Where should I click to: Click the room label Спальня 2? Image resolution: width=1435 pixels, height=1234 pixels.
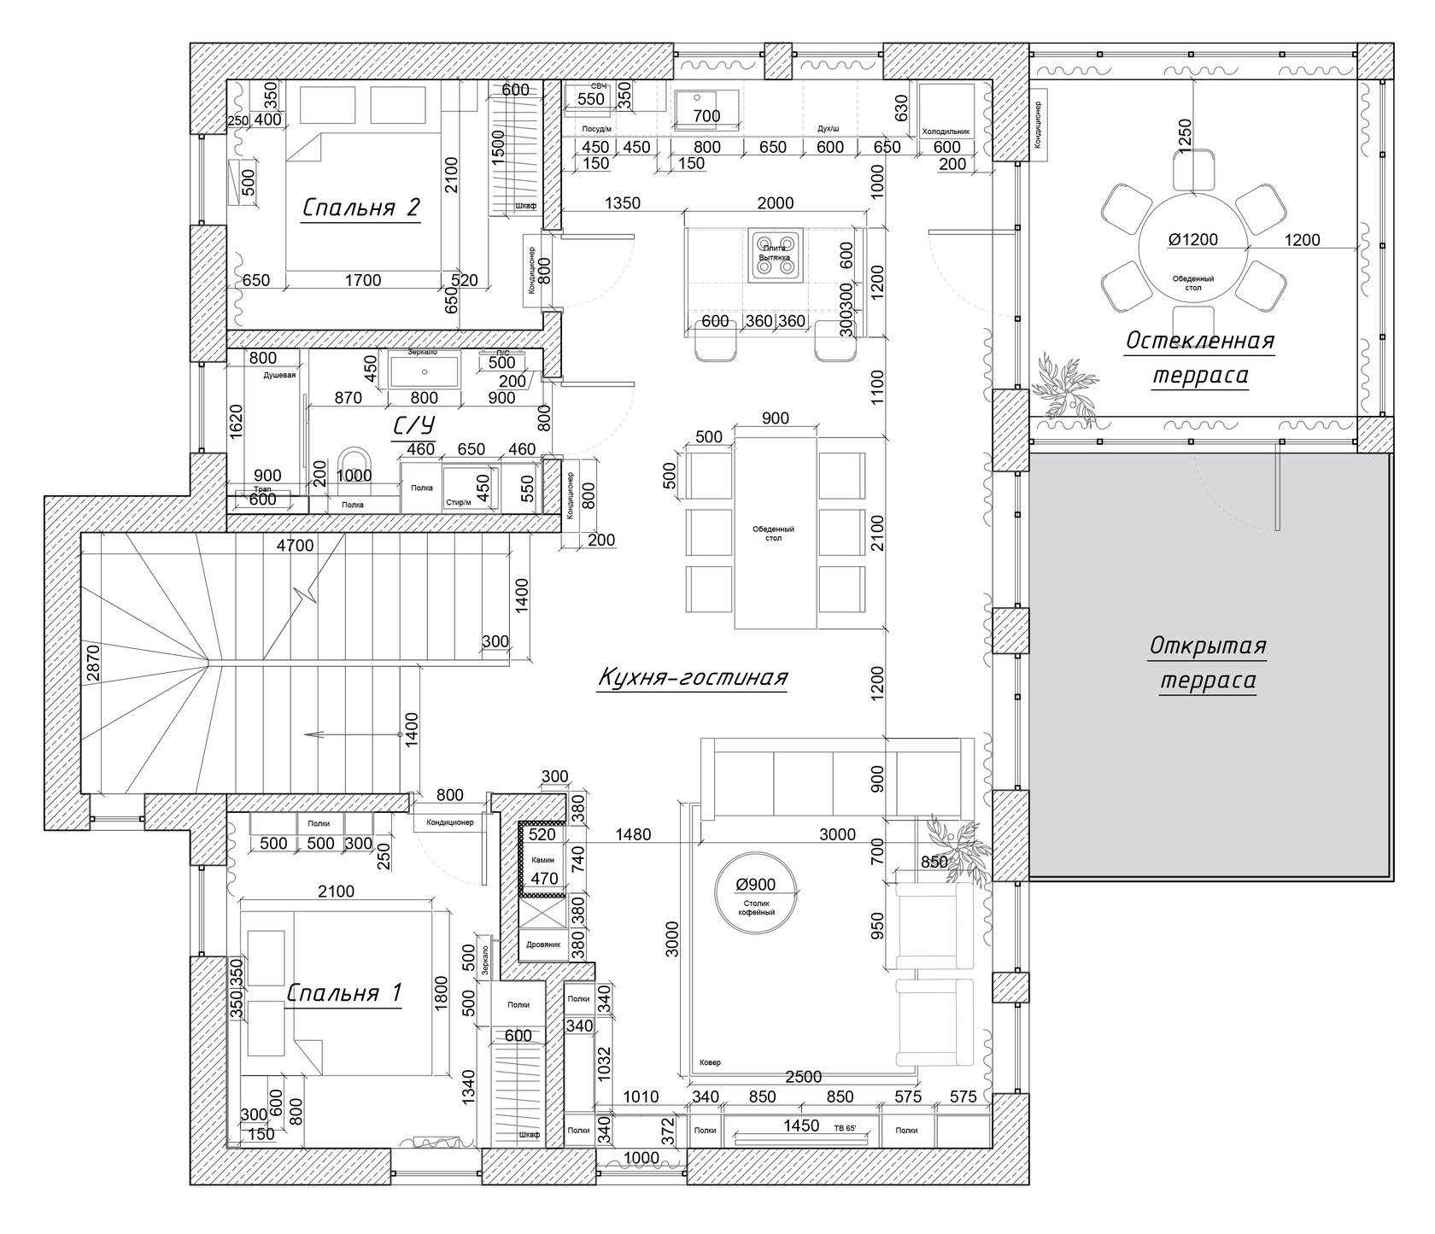361,208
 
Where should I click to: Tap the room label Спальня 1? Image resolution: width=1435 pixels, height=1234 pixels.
343,993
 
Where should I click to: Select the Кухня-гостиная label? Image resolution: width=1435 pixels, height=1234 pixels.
691,677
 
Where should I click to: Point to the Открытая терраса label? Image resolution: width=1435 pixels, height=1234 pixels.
1207,663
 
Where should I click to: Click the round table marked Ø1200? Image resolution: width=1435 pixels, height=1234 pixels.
1193,248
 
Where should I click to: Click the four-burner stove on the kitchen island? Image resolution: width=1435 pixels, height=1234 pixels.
776,254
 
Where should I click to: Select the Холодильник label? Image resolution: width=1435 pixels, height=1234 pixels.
946,132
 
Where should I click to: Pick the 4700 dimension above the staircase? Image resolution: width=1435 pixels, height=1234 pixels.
296,546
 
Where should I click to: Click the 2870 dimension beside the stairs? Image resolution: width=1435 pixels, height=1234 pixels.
94,662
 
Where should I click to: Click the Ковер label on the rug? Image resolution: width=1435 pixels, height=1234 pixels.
709,1062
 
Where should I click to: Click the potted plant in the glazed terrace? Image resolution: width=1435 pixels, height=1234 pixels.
1066,388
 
